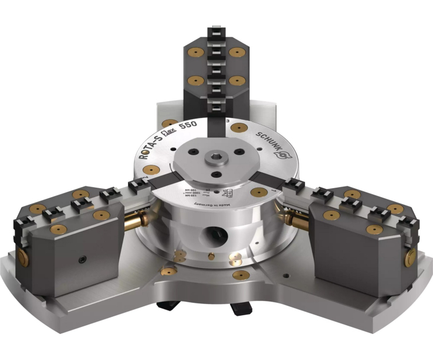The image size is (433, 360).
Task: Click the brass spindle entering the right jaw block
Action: pos(297,220)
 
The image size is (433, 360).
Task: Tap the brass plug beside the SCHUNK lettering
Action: pos(238,127)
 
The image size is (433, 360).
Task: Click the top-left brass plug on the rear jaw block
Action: pos(191,53)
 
